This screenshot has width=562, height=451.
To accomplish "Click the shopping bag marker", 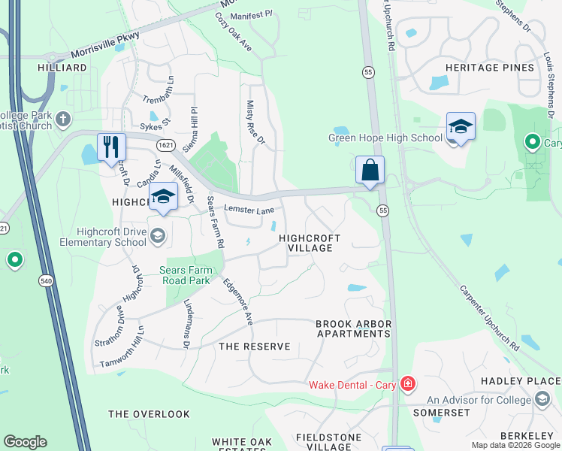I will pyautogui.click(x=370, y=170).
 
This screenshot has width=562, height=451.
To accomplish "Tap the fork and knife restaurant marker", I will pyautogui.click(x=111, y=146).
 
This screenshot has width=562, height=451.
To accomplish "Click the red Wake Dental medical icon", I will pyautogui.click(x=407, y=385).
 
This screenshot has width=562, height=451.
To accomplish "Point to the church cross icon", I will pyautogui.click(x=63, y=118).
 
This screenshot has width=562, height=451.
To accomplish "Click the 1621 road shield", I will pyautogui.click(x=166, y=143).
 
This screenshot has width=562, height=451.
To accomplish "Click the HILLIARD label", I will pyautogui.click(x=62, y=68).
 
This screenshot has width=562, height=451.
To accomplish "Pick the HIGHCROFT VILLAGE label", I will pyautogui.click(x=310, y=243).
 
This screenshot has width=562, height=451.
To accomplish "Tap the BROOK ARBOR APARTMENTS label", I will pyautogui.click(x=353, y=328).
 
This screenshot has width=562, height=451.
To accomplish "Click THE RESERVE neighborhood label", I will pyautogui.click(x=253, y=347).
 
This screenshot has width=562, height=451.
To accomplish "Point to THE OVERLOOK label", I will pyautogui.click(x=149, y=414).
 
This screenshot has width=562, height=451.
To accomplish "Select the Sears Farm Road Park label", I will pyautogui.click(x=191, y=275).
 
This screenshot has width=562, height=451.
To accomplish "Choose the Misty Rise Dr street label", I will pyautogui.click(x=255, y=123).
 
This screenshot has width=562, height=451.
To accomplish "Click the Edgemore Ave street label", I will pyautogui.click(x=237, y=301).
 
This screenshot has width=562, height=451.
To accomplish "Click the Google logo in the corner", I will pyautogui.click(x=25, y=442).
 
